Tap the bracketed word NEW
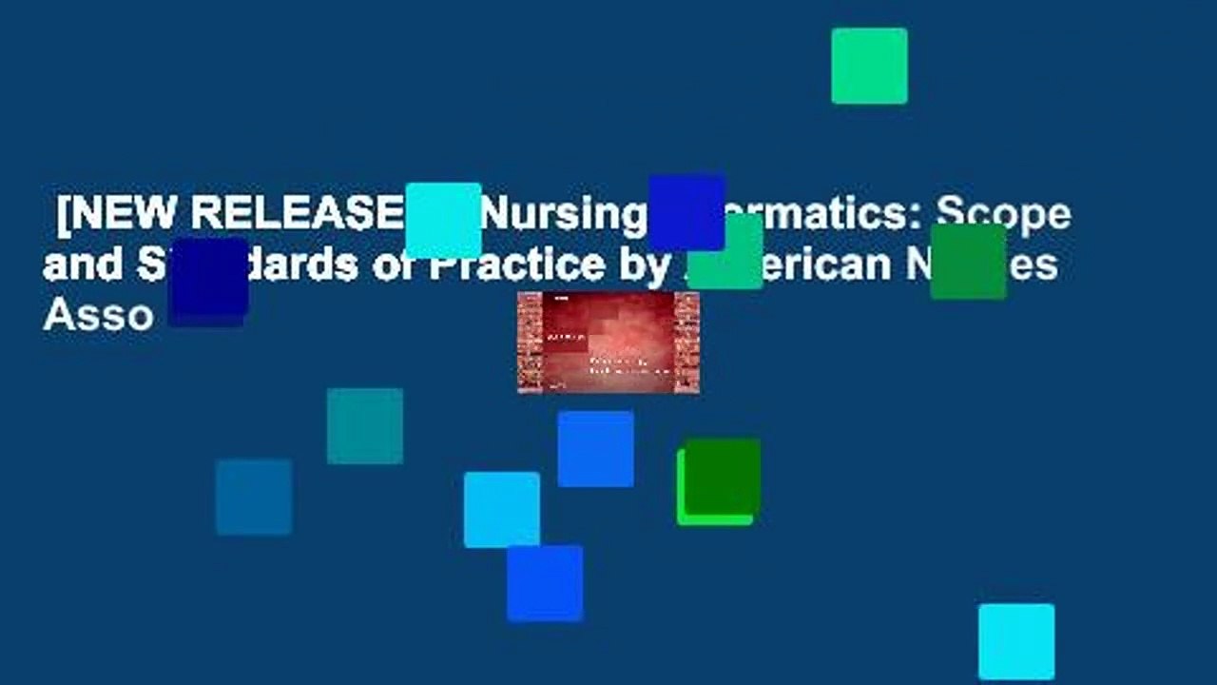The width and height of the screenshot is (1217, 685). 123,215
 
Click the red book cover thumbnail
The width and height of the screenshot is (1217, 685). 608,342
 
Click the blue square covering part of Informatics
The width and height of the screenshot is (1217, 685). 686,211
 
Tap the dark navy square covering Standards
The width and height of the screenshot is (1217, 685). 208,281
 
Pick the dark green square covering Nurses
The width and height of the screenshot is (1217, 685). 968,262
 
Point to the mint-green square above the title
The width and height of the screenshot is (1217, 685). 869,66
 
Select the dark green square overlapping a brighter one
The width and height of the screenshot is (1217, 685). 723,476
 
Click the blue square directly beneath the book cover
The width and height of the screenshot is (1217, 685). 595,449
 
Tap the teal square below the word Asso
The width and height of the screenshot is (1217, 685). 365,426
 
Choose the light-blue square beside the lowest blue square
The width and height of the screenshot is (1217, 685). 502,510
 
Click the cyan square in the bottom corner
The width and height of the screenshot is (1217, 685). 1016,641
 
